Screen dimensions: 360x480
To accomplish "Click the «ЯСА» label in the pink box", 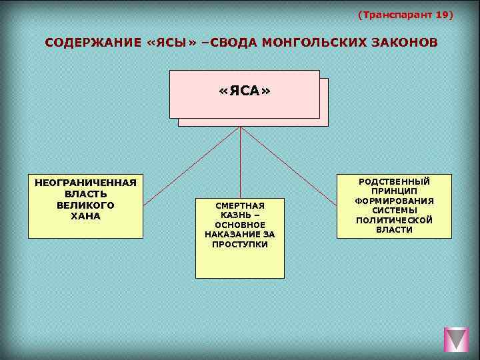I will point(245,91).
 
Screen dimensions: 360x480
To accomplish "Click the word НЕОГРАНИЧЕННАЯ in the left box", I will point(85,182).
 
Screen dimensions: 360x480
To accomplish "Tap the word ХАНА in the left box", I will point(85,216).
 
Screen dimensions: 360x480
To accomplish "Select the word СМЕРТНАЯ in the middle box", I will point(240,206).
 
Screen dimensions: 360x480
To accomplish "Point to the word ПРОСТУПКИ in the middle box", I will point(240,245).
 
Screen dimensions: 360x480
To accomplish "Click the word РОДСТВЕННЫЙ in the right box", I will point(394,181).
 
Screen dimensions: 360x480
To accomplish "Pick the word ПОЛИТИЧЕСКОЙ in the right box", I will point(394,220).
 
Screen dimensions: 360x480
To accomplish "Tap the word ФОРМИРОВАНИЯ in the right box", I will point(394,201).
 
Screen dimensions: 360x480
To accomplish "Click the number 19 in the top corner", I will point(442,14).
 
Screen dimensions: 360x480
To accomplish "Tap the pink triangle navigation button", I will point(457,340).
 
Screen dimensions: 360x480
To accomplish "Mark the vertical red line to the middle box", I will point(240,163).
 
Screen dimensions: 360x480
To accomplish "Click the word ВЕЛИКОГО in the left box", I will point(85,205).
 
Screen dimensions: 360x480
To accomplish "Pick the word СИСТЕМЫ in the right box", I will point(394,211).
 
